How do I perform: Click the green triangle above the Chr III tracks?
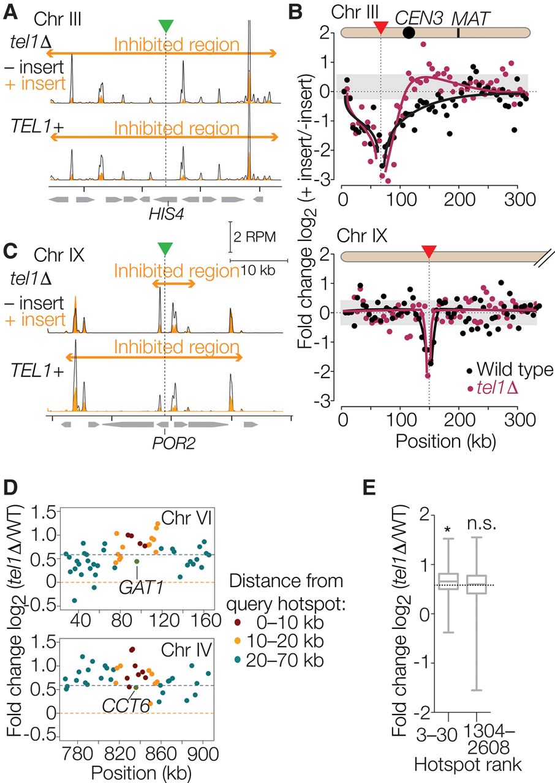[x=165, y=26]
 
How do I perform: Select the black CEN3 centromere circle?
[x=409, y=32]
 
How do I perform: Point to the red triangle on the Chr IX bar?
[x=429, y=251]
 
